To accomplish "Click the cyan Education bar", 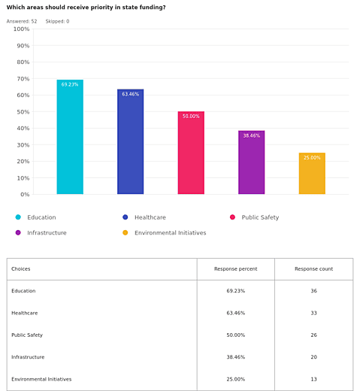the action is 70,137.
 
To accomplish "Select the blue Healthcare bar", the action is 130,141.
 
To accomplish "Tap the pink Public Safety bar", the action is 191,153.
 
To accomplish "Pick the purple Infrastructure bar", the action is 251,162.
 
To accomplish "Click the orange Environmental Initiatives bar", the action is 312,174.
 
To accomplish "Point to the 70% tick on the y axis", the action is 23,79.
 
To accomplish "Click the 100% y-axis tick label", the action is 22,29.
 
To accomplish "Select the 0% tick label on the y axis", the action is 25,194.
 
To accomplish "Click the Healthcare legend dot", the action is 126,217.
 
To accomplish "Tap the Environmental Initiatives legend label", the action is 171,233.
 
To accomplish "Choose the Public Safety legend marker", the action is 232,217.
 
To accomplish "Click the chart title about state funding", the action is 86,8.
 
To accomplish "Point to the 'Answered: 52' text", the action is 22,21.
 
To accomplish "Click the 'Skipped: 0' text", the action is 57,21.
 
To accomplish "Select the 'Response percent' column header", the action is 235,269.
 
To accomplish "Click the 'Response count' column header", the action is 313,269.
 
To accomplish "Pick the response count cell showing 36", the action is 313,291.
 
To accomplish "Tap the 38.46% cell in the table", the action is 235,357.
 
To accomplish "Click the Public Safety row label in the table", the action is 27,335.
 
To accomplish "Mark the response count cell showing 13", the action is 313,379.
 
